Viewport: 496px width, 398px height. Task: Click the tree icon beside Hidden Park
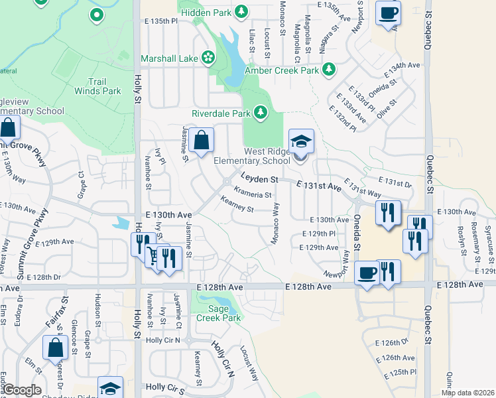coord(242,11)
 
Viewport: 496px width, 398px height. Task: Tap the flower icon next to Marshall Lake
coord(208,58)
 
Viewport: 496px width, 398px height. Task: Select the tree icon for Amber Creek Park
coord(328,70)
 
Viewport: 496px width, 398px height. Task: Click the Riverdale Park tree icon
coord(260,113)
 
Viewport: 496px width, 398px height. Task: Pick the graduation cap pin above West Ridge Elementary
coord(301,141)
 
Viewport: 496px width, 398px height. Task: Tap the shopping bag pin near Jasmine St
coord(201,141)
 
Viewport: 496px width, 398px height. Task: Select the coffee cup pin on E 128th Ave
coord(367,272)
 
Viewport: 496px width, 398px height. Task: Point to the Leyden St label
coord(258,179)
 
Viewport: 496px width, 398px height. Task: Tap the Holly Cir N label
coord(223,358)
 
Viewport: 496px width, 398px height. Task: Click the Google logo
coord(22,390)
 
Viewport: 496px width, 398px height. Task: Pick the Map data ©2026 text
coord(467,393)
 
